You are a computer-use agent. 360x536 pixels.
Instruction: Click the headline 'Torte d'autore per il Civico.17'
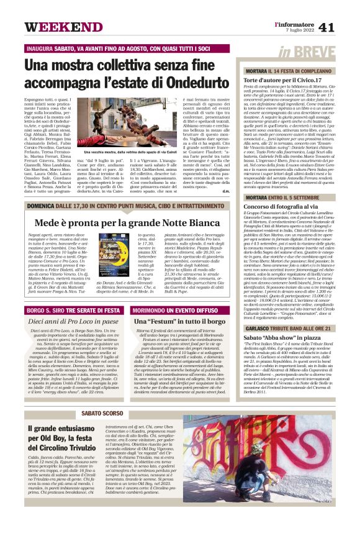(282, 80)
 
